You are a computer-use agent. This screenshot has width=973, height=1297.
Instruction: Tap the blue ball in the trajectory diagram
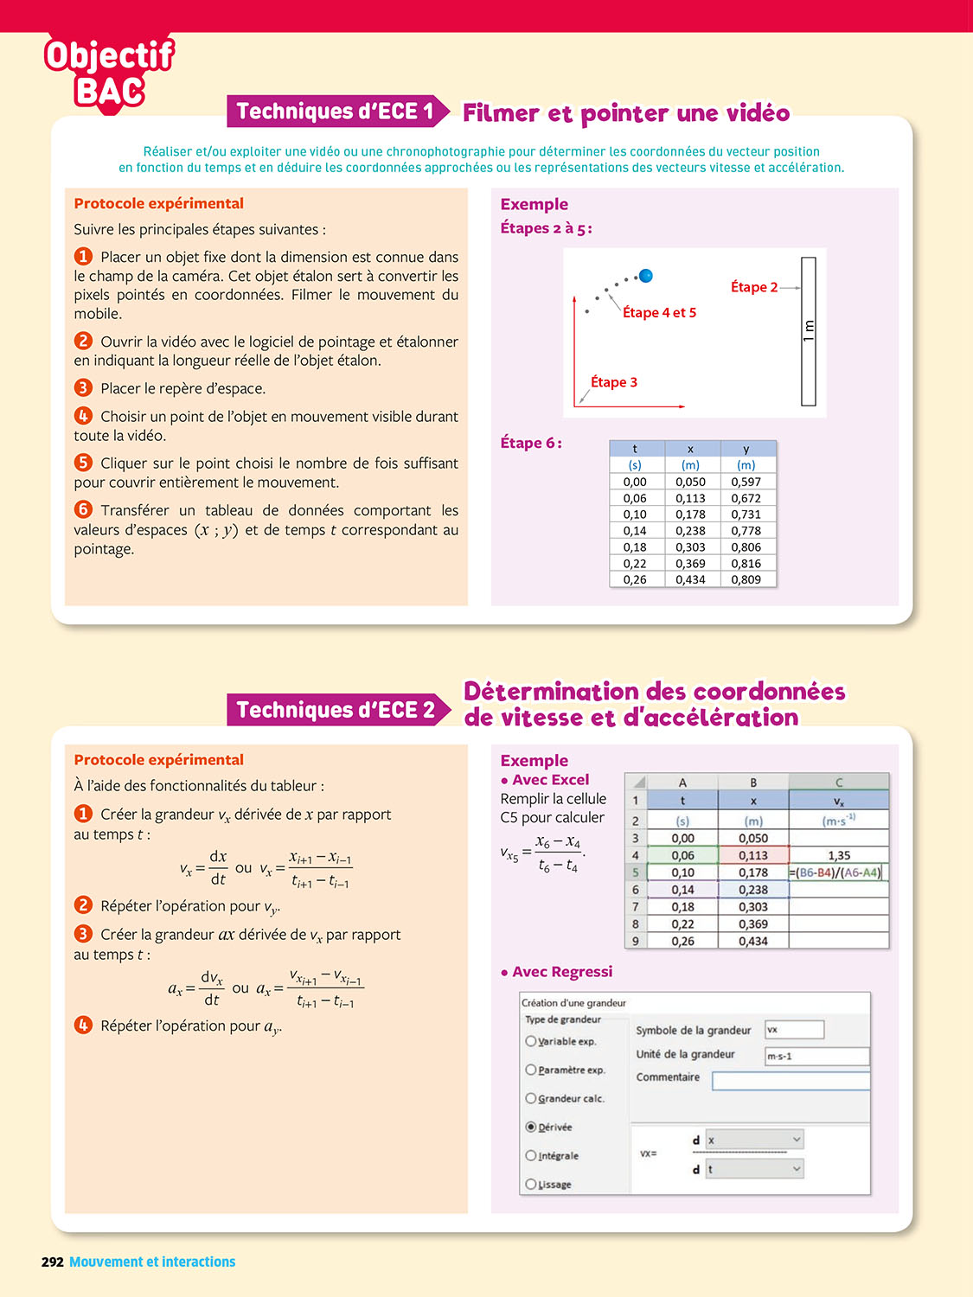coord(645,276)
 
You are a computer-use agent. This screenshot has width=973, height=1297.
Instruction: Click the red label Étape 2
coord(754,287)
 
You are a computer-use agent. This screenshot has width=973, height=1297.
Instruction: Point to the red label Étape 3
coord(614,382)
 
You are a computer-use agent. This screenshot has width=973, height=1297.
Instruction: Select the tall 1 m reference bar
coord(809,331)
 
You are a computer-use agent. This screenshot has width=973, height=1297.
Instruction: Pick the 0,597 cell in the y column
coord(746,482)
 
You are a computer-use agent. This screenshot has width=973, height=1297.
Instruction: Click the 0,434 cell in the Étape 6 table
coord(690,579)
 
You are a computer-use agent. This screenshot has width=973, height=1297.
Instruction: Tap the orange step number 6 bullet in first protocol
coord(83,509)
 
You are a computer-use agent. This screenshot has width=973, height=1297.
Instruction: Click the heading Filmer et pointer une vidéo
coord(626,113)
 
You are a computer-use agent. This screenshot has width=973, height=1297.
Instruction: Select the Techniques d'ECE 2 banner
coord(336,710)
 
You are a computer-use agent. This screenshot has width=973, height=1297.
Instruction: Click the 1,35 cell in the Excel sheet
coord(839,855)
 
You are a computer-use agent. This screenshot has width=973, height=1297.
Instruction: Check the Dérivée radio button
coord(531,1127)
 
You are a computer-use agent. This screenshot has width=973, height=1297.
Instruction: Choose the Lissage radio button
coord(531,1184)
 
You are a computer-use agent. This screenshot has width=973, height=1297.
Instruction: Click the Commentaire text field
coord(791,1081)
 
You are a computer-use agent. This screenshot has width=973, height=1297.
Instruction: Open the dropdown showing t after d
coord(754,1169)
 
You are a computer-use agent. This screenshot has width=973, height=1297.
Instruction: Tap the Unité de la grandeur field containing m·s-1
coord(816,1056)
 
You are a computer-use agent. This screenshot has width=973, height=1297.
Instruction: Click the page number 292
coord(53,1262)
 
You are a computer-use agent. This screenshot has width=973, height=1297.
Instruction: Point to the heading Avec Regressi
coord(562,972)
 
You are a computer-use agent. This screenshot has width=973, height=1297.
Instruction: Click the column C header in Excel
coord(839,782)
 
